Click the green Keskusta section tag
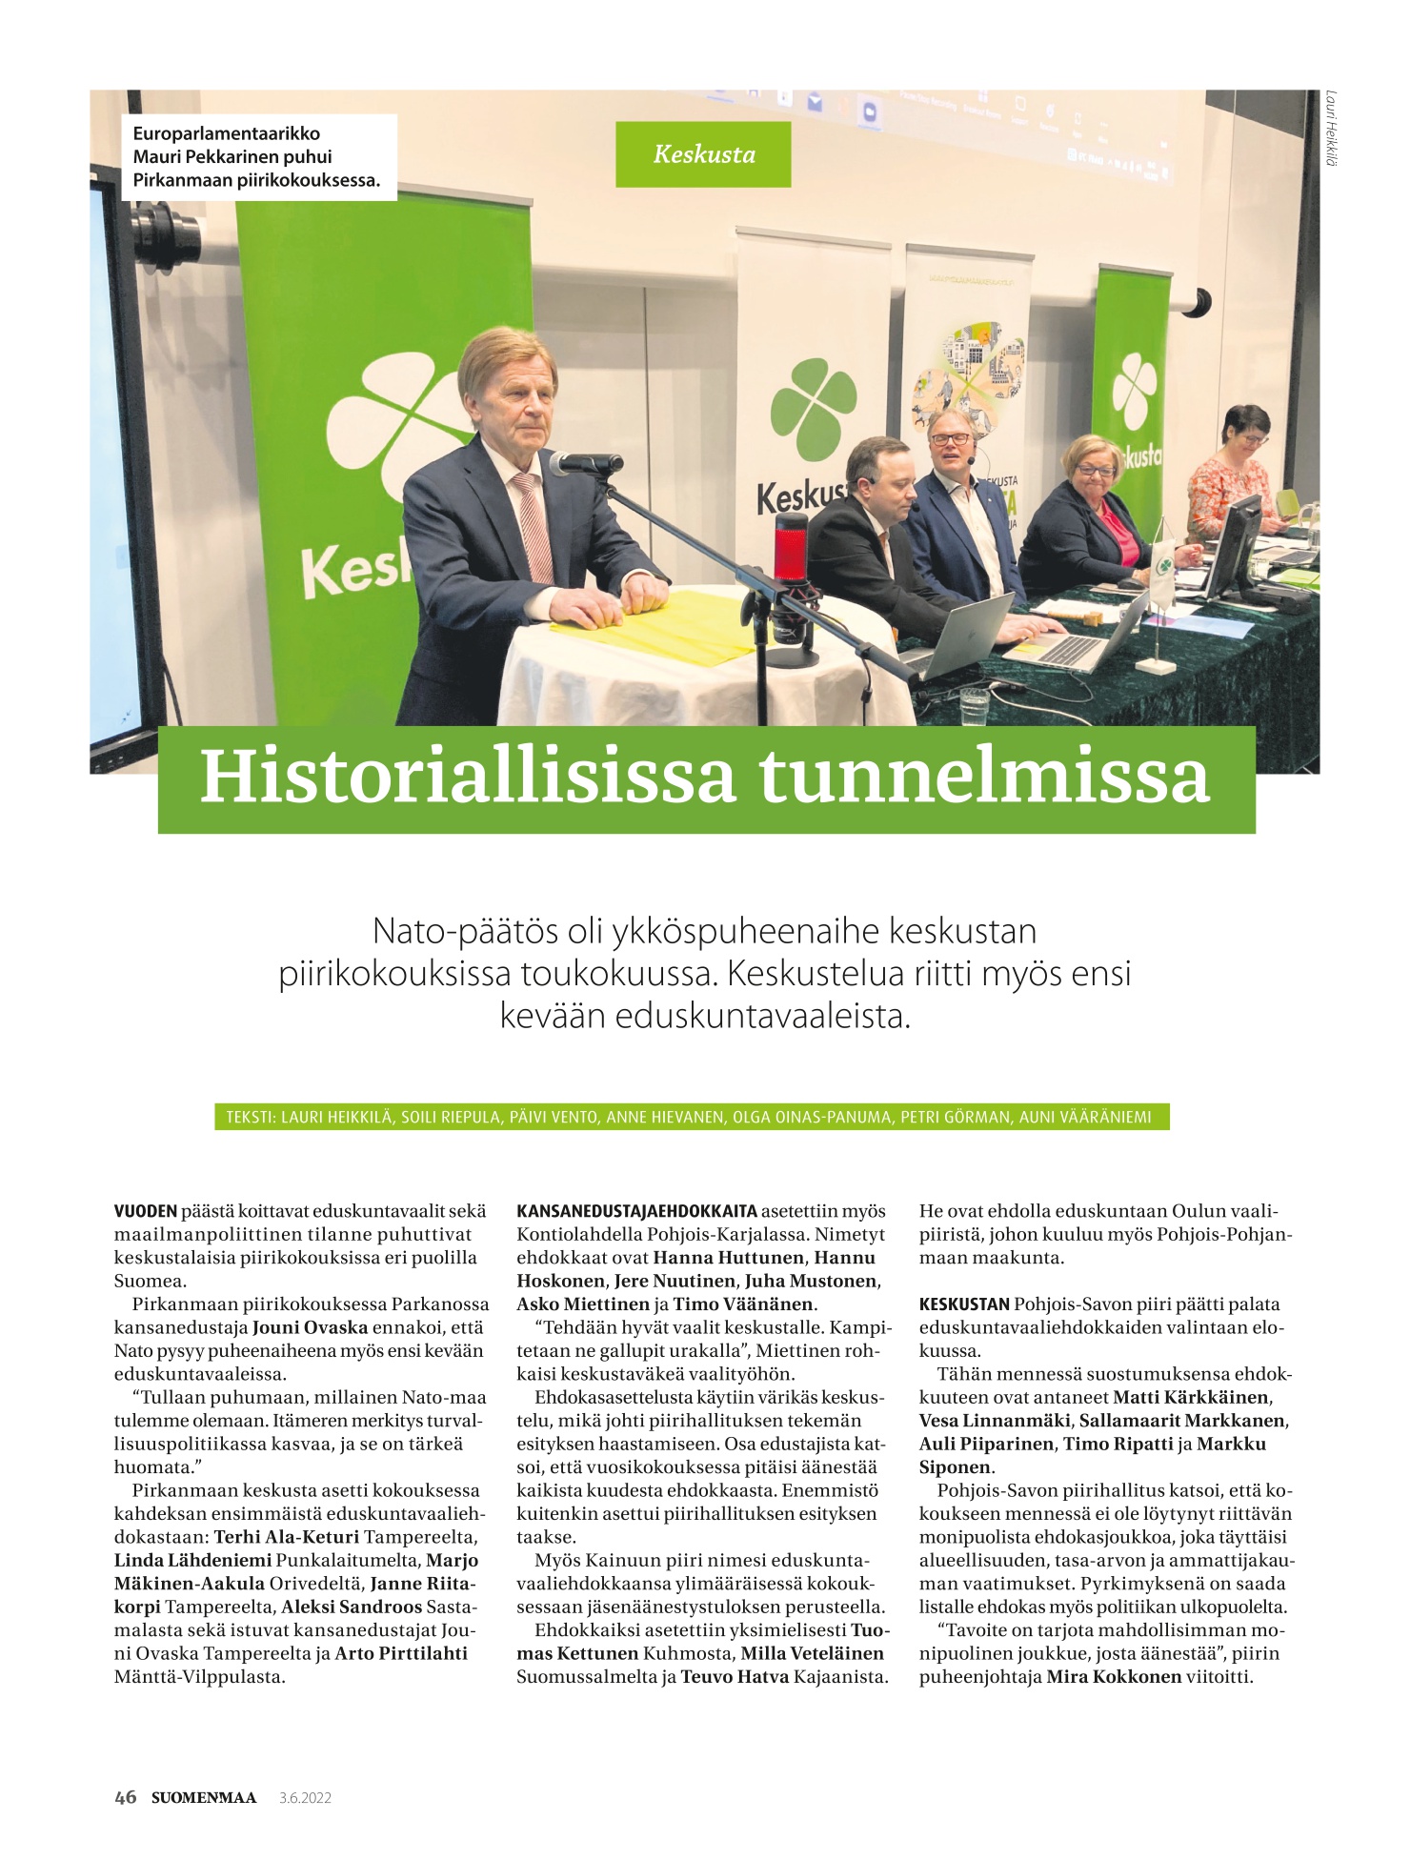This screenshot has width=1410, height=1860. coord(703,154)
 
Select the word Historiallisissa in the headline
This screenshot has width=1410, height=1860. coord(468,778)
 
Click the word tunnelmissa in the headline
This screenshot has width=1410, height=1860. coord(984,778)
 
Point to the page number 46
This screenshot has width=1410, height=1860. coord(125,1797)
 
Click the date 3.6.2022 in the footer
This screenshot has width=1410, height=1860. coord(305,1798)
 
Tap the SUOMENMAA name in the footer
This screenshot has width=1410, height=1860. coord(204,1797)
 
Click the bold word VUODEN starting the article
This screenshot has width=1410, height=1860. coord(146,1211)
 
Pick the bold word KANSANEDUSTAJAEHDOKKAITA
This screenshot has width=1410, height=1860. coord(636,1211)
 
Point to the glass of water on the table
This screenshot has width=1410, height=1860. coord(974,706)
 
